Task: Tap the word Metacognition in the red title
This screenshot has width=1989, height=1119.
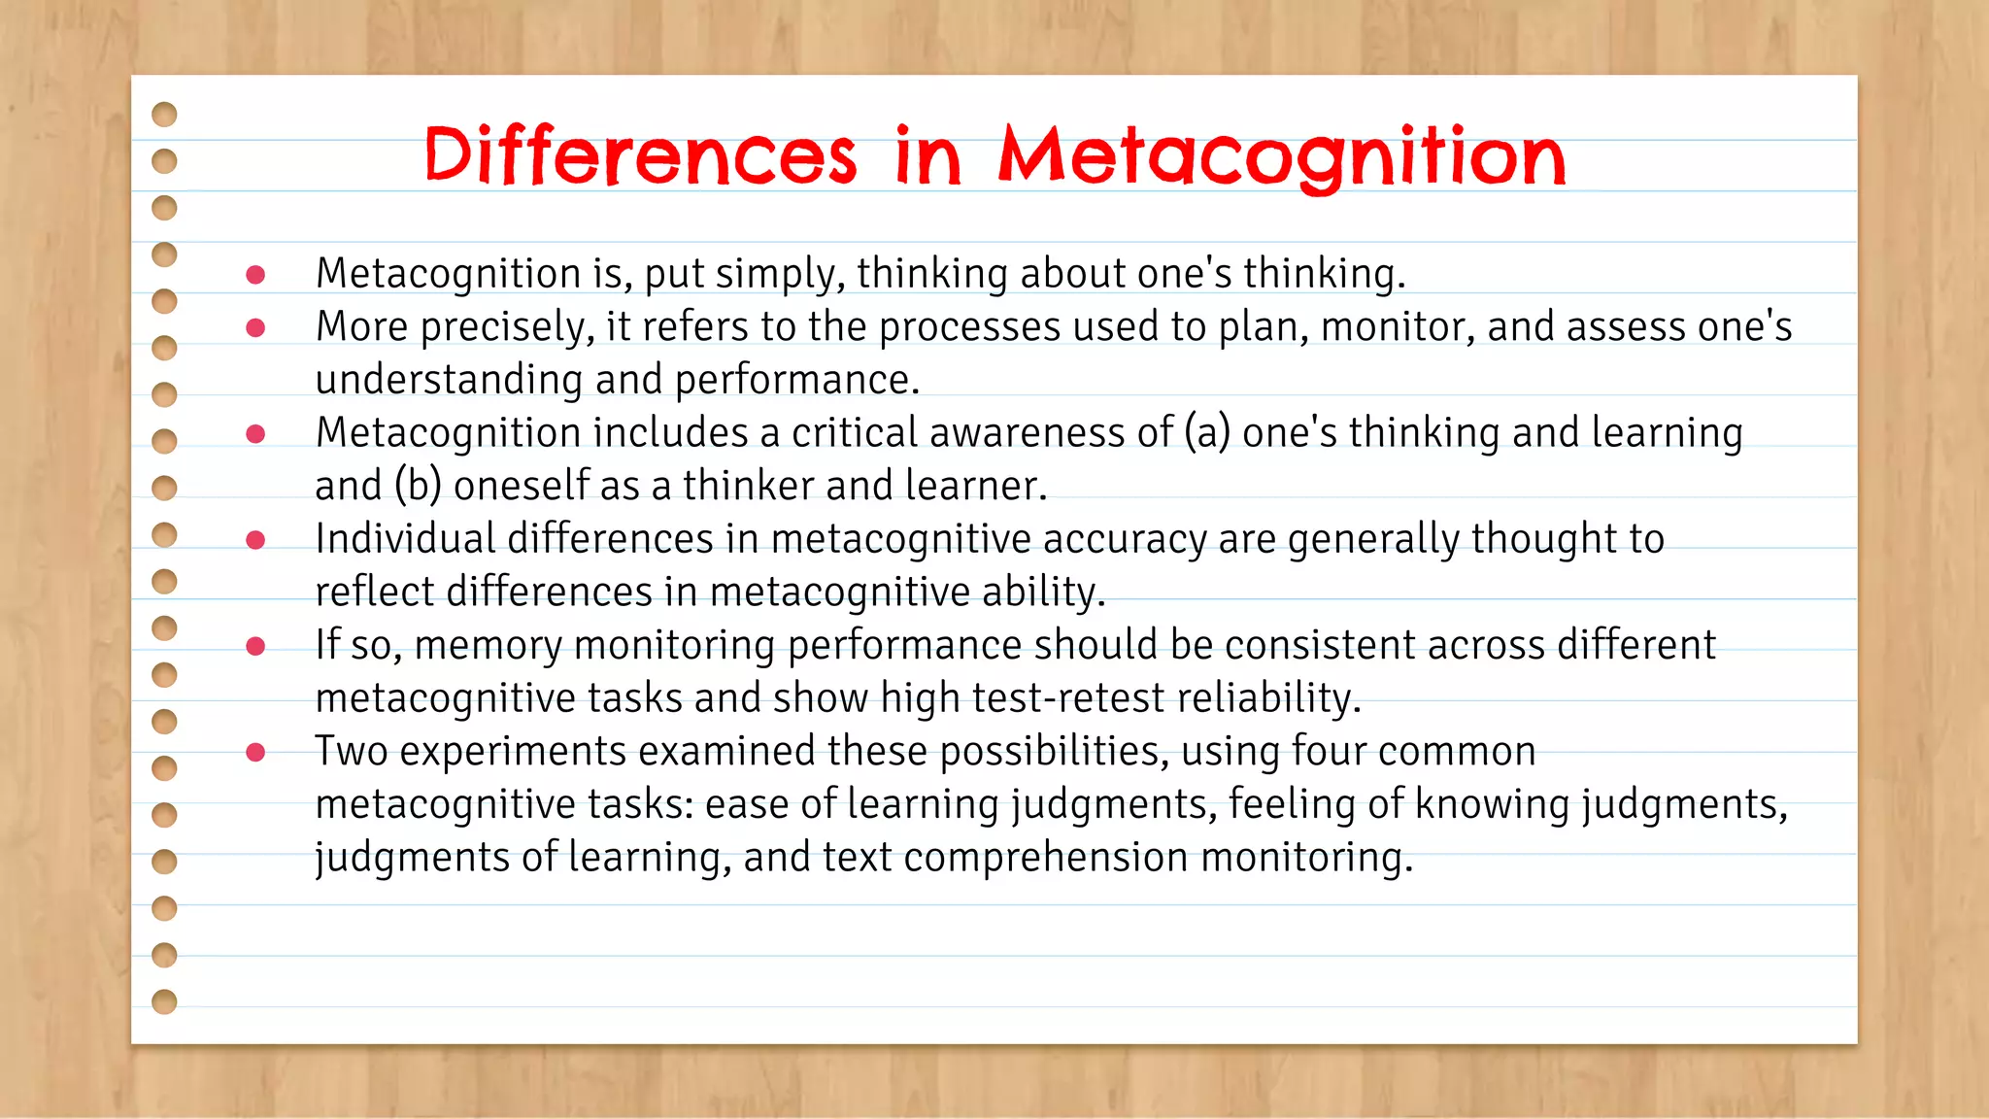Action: click(x=1282, y=157)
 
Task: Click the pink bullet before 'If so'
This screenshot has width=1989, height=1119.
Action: click(x=255, y=646)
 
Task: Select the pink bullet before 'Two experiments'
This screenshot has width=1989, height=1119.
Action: click(x=255, y=752)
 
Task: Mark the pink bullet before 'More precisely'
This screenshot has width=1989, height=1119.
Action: click(x=255, y=328)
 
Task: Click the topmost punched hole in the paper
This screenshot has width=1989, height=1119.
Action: click(x=165, y=115)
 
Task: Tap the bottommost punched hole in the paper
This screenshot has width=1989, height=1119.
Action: click(x=165, y=1001)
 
